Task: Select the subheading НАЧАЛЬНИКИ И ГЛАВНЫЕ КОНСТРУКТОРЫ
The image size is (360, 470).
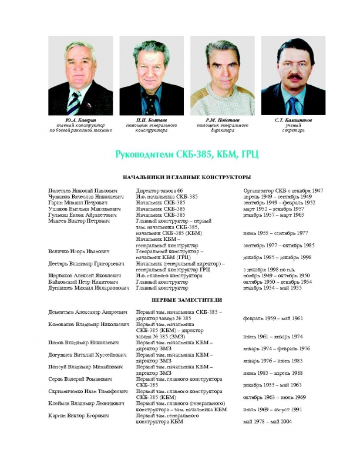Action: click(179, 177)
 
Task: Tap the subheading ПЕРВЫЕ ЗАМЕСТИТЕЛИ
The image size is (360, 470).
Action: click(179, 300)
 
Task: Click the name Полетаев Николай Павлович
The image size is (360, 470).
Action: click(83, 191)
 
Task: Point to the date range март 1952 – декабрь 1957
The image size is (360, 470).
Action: click(273, 209)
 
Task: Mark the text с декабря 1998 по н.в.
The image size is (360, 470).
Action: click(270, 269)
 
